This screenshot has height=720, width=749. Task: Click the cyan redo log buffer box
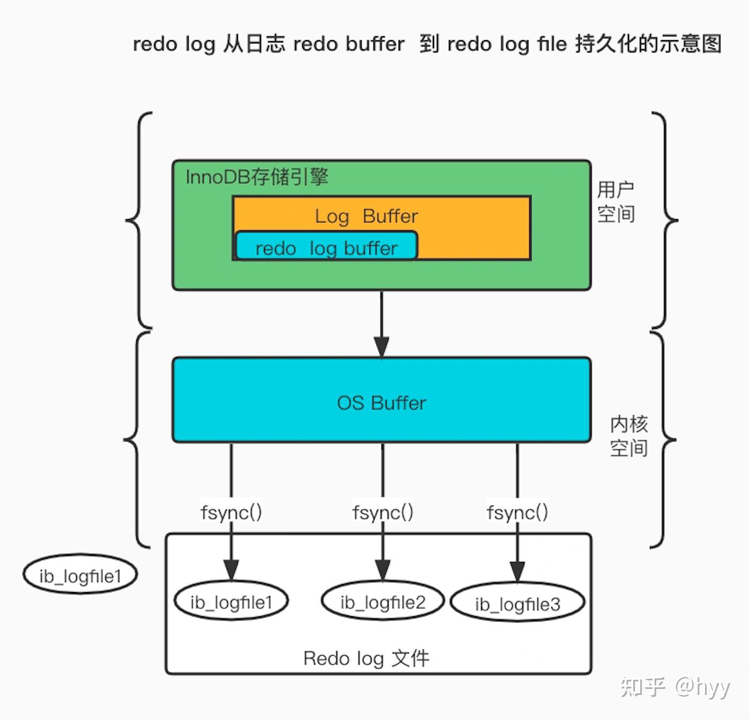326,246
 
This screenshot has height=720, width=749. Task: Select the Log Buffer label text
366,216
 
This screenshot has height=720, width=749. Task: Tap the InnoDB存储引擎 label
257,177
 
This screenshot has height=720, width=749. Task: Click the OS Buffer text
381,403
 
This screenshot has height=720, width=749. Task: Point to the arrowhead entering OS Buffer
381,347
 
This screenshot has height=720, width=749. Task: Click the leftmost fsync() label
231,512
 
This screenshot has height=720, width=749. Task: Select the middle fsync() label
383,512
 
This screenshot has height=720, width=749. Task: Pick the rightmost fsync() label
517,512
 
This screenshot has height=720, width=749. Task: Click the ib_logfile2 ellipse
383,602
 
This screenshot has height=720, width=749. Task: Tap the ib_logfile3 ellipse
517,603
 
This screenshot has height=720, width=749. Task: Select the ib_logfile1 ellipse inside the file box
231,602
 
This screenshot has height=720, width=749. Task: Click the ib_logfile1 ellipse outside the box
80,575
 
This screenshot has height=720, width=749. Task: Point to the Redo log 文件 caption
366,658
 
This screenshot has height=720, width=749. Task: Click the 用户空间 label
616,201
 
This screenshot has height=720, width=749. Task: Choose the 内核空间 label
628,436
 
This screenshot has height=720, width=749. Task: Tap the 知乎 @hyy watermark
675,686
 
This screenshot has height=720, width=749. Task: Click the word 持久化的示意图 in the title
648,44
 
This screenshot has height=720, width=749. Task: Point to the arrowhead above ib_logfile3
517,571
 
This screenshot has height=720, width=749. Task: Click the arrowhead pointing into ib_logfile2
383,569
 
